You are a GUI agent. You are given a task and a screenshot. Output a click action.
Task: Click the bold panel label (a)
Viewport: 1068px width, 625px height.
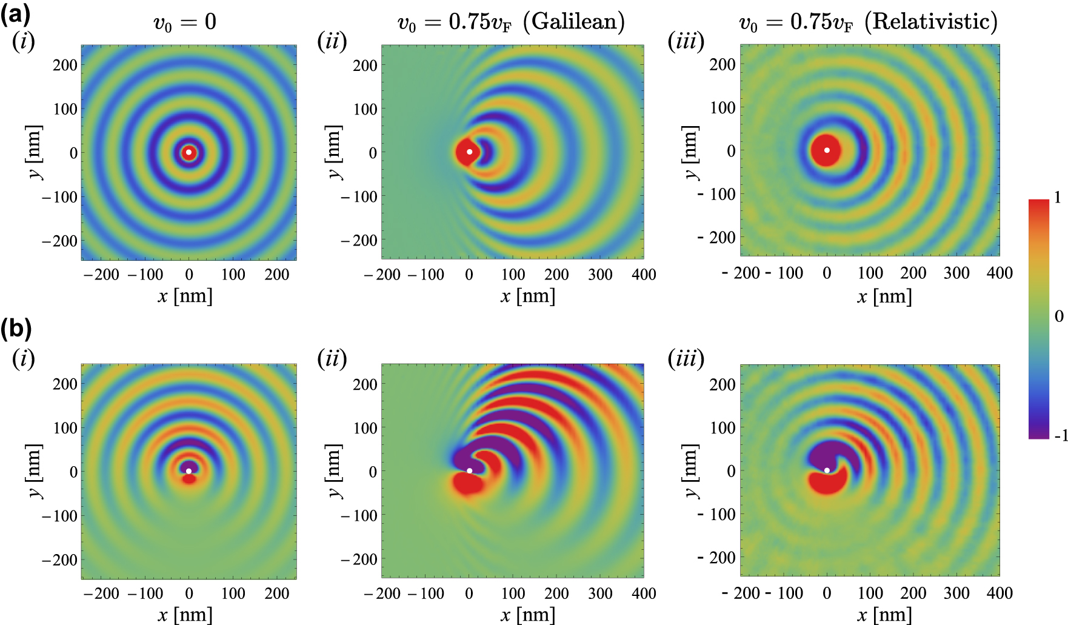(15, 13)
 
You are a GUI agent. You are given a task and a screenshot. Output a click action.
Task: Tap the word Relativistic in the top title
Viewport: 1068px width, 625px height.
(931, 22)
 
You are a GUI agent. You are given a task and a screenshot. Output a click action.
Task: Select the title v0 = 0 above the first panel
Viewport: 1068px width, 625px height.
(184, 22)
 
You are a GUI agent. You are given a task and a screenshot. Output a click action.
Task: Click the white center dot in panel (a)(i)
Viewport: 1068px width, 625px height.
(189, 152)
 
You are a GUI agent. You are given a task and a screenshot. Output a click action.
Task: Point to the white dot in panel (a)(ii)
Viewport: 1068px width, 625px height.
(469, 152)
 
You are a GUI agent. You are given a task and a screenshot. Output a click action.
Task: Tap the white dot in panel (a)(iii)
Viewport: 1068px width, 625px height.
(827, 150)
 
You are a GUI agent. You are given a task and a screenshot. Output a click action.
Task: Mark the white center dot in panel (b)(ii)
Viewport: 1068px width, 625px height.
(469, 470)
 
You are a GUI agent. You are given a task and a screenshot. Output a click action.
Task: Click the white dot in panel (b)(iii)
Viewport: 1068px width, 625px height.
(827, 470)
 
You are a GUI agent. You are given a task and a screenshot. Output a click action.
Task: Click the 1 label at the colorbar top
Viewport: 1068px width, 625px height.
(1058, 198)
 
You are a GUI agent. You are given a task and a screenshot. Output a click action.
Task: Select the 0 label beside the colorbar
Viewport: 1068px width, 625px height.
(1058, 316)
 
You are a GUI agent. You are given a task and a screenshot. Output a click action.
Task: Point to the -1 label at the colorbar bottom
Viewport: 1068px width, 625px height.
(1060, 435)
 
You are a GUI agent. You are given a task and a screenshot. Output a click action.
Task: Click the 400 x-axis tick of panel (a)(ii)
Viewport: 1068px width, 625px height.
(643, 275)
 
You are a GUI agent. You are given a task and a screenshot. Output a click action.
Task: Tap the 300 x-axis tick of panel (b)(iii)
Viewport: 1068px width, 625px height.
(956, 593)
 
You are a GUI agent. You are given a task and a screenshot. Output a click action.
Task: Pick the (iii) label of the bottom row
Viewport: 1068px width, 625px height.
(686, 359)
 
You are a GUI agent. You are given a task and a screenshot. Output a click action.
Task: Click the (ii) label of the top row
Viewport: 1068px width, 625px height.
(332, 41)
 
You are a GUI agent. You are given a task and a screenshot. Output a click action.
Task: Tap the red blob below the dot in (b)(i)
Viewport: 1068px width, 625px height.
(189, 478)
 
